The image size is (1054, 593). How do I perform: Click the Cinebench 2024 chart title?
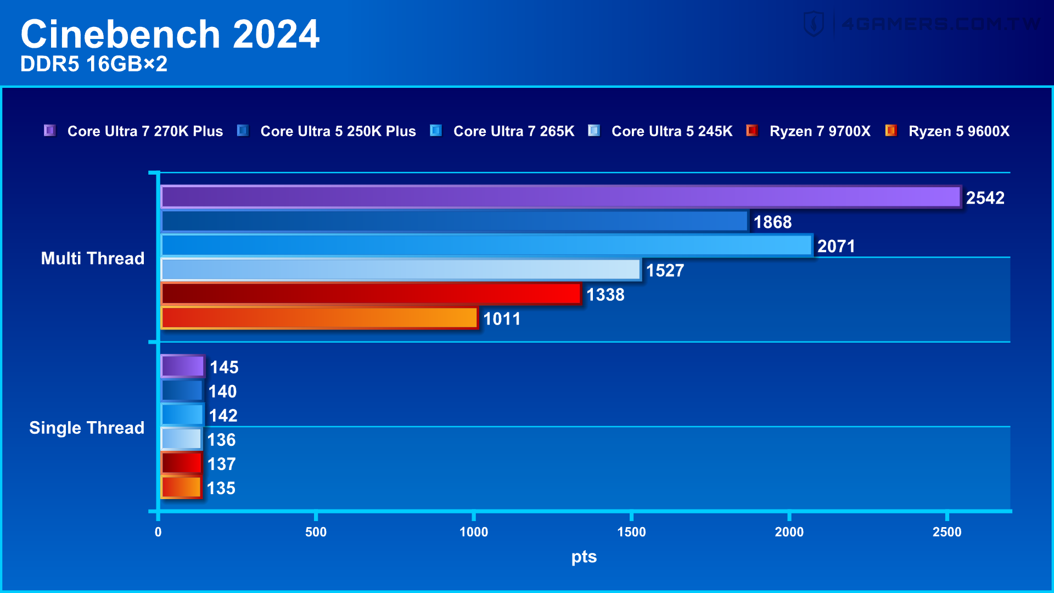coord(170,34)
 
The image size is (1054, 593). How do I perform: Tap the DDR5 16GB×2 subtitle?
coord(94,64)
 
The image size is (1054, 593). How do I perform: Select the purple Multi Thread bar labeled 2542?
coord(560,197)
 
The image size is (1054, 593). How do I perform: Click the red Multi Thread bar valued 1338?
coord(371,294)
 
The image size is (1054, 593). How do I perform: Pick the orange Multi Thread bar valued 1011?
coord(319,318)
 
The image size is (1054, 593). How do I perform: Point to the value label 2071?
coord(836,246)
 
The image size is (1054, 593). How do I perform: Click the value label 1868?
coord(772,222)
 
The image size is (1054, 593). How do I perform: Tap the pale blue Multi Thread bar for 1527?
coord(400,270)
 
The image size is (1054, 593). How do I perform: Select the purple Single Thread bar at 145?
coord(182,366)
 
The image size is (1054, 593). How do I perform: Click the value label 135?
coord(221,488)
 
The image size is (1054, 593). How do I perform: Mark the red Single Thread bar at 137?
coord(181,463)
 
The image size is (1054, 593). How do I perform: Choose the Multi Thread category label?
coord(92,258)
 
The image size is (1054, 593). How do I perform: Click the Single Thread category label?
coord(86,428)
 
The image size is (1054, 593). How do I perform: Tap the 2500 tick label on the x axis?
coord(946,532)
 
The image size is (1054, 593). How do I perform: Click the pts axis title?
coord(584,557)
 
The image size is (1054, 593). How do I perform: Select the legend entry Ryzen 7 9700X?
coord(820,131)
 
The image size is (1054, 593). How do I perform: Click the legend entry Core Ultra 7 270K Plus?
coord(145,131)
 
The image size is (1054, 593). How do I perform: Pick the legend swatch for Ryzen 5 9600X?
coord(890,131)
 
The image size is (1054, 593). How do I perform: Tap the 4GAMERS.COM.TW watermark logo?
coord(922,24)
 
